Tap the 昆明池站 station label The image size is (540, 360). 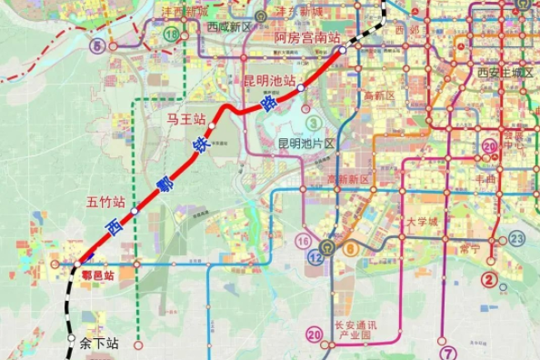(x=269, y=81)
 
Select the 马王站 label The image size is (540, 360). (x=185, y=119)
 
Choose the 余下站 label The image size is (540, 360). (x=98, y=344)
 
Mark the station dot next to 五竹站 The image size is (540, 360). (x=135, y=210)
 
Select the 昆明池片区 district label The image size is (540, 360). (x=307, y=144)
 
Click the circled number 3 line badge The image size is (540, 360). (x=314, y=122)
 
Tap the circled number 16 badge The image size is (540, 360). (x=303, y=241)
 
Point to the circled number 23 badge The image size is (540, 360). (x=517, y=238)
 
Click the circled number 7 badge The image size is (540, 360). (x=446, y=353)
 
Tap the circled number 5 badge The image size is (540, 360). (x=96, y=45)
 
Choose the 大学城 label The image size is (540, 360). (x=422, y=221)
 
